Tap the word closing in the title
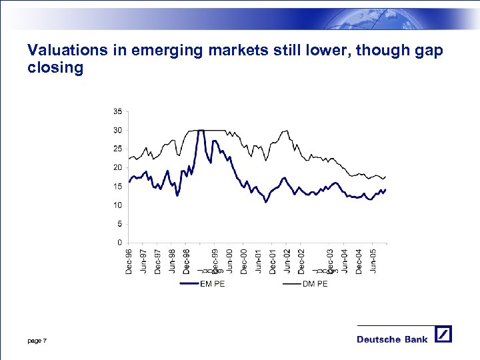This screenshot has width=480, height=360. (x=55, y=68)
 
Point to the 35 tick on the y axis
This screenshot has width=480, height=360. (x=117, y=111)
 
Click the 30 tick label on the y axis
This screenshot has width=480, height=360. (x=117, y=130)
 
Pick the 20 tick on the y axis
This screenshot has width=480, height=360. (x=117, y=168)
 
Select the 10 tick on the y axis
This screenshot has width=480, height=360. (x=117, y=205)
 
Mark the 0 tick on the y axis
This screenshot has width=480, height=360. (x=119, y=243)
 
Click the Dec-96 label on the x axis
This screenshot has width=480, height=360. (x=129, y=261)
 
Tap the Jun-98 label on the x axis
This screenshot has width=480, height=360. (x=172, y=261)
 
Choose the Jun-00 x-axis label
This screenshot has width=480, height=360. (x=229, y=261)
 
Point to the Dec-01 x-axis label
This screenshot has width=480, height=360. (x=273, y=261)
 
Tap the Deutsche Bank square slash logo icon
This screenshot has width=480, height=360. (x=443, y=335)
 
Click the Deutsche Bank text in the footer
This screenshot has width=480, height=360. (x=392, y=339)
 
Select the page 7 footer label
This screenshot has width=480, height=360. (x=37, y=341)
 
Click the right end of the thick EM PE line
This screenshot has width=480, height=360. (x=385, y=189)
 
